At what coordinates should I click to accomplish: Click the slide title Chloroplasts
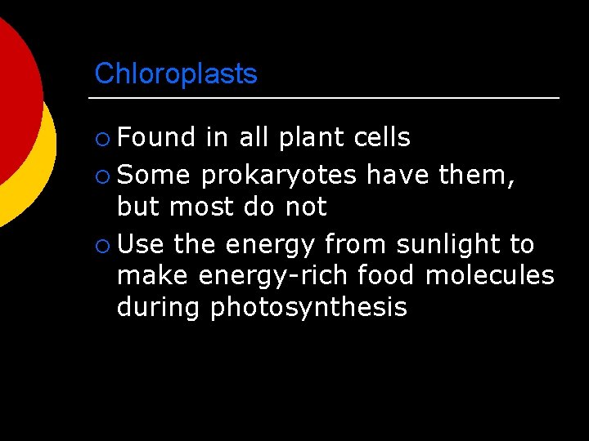pos(176,74)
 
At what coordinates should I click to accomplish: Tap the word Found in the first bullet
pos(156,137)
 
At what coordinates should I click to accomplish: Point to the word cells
pos(382,137)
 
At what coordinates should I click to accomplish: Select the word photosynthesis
pos(308,307)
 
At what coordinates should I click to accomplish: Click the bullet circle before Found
pos(101,139)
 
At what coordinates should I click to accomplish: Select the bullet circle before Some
pos(101,176)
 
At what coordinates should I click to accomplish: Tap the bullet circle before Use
pos(101,245)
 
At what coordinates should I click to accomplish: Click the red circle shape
pos(16,98)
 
